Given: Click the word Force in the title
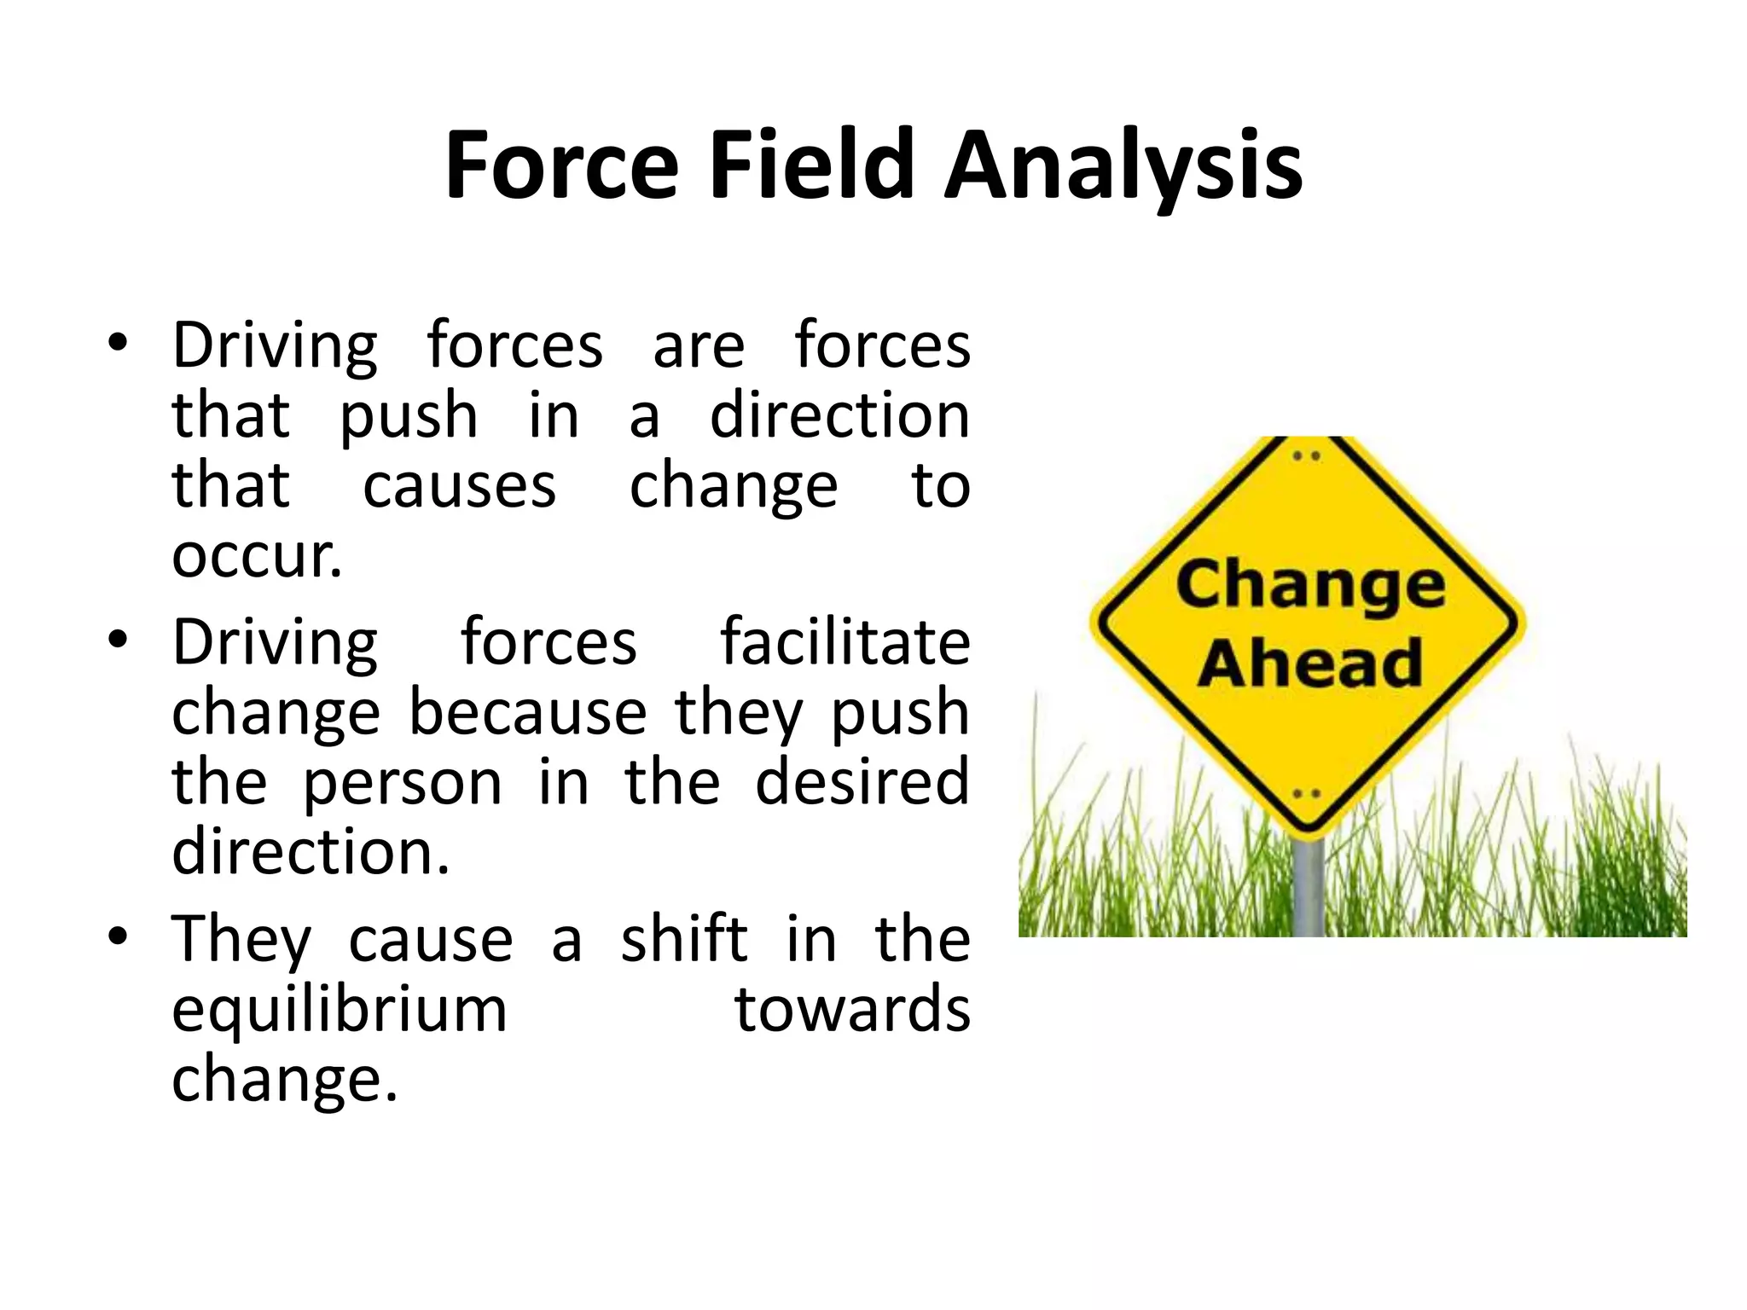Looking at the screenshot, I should (x=561, y=165).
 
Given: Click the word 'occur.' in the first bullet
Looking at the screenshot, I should (x=257, y=555).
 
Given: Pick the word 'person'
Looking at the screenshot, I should (x=403, y=783).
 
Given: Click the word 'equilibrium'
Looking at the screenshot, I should (x=340, y=1009).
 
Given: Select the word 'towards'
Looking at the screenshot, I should (x=852, y=1009).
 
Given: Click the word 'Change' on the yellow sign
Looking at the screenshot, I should (x=1310, y=587).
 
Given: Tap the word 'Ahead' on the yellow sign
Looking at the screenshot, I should (x=1310, y=663).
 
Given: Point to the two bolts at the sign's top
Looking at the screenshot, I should (x=1306, y=455).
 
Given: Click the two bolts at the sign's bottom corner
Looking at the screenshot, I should (x=1306, y=794).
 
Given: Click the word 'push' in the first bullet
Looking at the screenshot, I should (x=409, y=418).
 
